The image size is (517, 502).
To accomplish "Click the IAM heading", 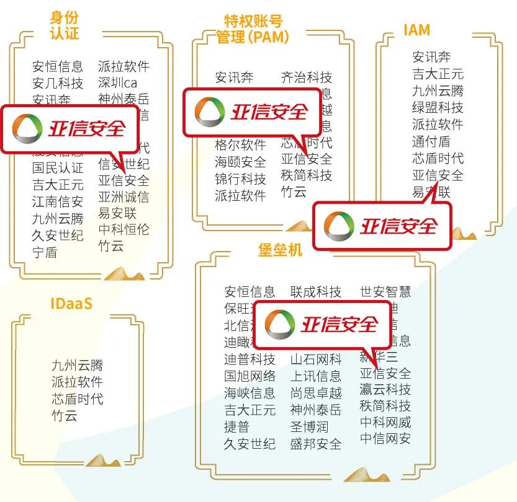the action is [416, 30].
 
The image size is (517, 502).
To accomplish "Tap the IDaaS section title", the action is [71, 304].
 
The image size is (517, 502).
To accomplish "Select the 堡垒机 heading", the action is [280, 249].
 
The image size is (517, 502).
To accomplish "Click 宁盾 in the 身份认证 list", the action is [45, 252].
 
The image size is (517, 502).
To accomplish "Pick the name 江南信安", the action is [58, 201].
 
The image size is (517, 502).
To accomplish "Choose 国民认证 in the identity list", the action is [58, 168].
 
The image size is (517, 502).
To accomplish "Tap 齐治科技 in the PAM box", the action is [307, 77].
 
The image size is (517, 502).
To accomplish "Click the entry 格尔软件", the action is [240, 145].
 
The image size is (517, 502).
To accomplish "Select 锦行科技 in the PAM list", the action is [240, 179].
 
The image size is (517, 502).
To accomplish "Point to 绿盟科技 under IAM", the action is [438, 107].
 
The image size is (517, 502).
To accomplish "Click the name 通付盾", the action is [431, 141].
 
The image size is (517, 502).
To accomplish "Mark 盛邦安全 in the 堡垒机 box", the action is [316, 444].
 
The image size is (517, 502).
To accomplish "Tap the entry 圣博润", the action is [309, 427].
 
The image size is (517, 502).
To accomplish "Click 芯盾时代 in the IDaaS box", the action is [78, 399].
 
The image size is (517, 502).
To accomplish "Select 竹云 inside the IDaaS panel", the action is [65, 415].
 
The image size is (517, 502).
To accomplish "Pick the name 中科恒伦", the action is [124, 230].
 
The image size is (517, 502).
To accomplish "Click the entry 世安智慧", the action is [385, 291].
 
